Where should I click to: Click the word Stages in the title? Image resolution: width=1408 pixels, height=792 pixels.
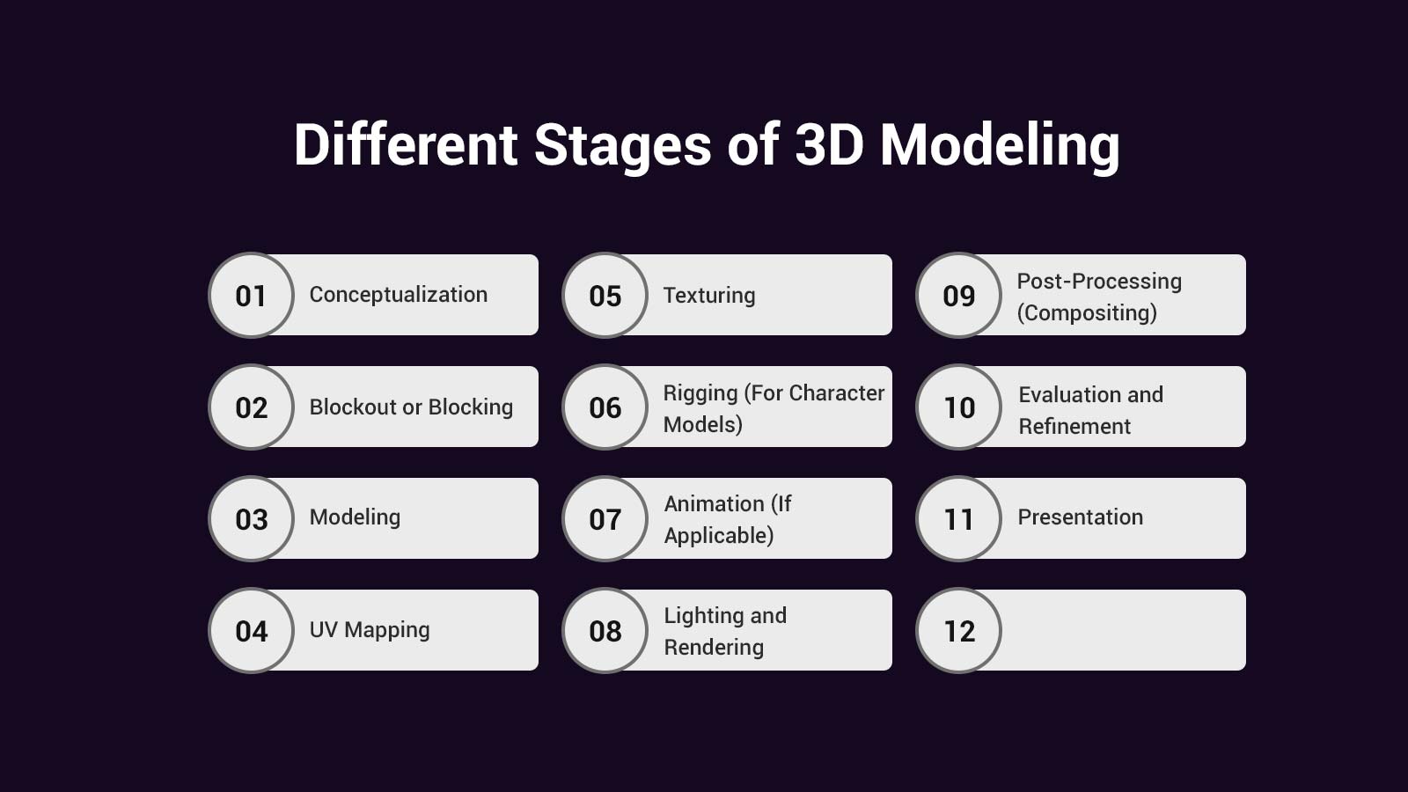tap(622, 145)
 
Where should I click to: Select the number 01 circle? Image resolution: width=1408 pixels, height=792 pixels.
tap(251, 296)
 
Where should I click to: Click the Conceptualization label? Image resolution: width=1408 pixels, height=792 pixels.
tap(398, 295)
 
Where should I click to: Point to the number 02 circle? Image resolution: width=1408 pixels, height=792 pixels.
tap(251, 407)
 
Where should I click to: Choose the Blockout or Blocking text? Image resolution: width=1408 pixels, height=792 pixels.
tap(411, 407)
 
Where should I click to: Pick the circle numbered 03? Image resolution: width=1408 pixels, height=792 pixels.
tap(251, 519)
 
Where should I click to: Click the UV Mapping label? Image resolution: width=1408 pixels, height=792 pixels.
tap(370, 630)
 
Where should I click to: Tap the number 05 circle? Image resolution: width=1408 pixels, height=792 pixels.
tap(605, 296)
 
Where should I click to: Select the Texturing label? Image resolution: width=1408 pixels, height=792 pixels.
tap(708, 296)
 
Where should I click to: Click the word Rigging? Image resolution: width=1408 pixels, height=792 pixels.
tap(700, 393)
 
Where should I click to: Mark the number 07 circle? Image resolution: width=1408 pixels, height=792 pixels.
tap(605, 519)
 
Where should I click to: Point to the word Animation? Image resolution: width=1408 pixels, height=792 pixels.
tap(714, 504)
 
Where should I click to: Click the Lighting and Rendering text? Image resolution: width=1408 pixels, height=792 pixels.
tap(724, 631)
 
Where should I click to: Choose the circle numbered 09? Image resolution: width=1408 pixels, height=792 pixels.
tap(958, 296)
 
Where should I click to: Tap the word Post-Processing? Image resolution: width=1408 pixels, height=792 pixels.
tap(1099, 282)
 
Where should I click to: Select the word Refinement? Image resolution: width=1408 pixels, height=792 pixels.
tap(1074, 427)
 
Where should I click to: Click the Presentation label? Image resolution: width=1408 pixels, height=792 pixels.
tap(1080, 517)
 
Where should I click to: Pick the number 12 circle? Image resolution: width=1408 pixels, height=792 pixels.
tap(958, 631)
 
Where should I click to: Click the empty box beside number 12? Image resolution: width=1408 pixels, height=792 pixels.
tap(1122, 631)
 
